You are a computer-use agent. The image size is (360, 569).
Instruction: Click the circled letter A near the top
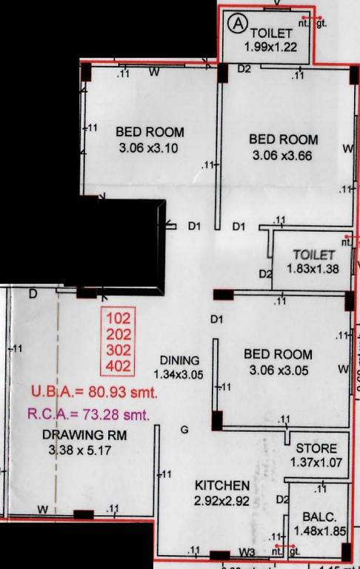coord(237,24)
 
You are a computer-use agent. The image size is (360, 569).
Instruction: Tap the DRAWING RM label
coord(76,435)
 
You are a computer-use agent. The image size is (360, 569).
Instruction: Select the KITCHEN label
coord(221,485)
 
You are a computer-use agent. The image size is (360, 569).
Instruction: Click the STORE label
coord(316,449)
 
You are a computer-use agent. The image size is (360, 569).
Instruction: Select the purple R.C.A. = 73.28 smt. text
coord(88,413)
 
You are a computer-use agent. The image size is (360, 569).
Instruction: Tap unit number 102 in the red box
coord(119,319)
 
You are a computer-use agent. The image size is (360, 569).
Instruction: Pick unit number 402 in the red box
coord(119,365)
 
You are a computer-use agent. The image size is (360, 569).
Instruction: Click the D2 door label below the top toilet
coord(244,70)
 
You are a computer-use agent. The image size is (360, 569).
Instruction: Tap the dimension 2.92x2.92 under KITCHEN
coord(221,502)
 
